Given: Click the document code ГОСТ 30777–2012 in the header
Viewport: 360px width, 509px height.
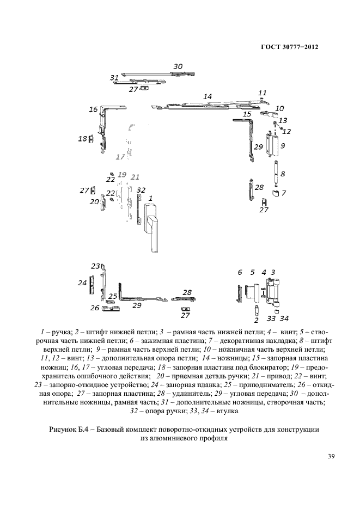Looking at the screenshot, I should coord(289,47).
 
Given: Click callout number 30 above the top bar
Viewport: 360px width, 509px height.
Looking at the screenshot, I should coord(178,66).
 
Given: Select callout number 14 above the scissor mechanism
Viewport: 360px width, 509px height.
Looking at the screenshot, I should coord(207,96).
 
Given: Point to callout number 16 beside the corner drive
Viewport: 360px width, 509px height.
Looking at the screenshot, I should coord(93,110).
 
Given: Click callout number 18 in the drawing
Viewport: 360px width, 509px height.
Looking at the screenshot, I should coord(82,139).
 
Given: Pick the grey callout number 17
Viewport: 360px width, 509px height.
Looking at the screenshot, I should coord(120,157).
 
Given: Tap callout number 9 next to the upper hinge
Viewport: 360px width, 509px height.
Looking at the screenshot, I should coord(283,146).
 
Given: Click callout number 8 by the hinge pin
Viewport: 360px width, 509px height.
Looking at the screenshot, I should coord(283,174).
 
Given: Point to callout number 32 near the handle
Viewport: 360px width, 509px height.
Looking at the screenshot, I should coord(141,190).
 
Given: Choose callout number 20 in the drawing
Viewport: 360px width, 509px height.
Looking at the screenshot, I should coord(94,202).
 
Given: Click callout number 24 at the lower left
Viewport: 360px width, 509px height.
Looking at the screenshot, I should coord(82,283).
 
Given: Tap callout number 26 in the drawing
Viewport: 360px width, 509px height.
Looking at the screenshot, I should coord(94,308).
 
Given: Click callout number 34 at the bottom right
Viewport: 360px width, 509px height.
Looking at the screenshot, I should coord(284,318).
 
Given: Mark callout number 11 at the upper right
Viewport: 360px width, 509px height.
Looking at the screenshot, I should coord(263,93).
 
